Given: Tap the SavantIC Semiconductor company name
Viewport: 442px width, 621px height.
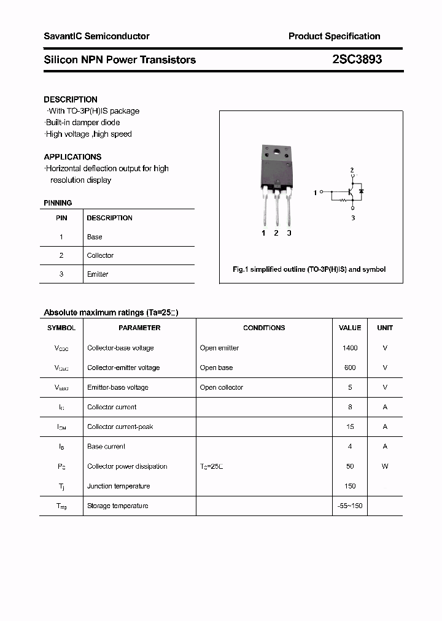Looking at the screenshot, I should (x=96, y=36).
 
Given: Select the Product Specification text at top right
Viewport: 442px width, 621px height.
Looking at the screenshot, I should (x=334, y=36).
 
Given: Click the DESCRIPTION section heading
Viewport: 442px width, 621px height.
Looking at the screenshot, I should (x=71, y=99).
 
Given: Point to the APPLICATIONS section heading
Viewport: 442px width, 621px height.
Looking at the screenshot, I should (x=72, y=157).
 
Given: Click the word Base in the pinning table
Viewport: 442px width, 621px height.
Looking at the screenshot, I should (x=95, y=237).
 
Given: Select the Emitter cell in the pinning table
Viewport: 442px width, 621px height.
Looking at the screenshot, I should (x=98, y=274).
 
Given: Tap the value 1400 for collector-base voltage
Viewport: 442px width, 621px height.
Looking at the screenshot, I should (x=350, y=348).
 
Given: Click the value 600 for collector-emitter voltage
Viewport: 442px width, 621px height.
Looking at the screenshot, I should (x=350, y=368).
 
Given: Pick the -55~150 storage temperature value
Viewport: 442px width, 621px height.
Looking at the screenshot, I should (x=350, y=506).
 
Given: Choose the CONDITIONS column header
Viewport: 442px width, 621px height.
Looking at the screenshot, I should (x=264, y=328).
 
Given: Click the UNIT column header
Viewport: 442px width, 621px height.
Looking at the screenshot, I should (x=385, y=328).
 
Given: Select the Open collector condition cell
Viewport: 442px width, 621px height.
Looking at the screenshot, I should (x=222, y=387).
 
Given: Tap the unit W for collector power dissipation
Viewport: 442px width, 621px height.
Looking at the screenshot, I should (x=385, y=466).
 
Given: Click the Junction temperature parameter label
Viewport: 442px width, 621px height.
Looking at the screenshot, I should (x=118, y=486).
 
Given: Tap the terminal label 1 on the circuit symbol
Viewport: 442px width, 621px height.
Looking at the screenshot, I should (x=315, y=193).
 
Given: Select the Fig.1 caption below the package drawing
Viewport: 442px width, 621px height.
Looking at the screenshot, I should (x=309, y=269).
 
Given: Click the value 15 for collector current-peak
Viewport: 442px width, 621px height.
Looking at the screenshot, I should (x=350, y=426).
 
